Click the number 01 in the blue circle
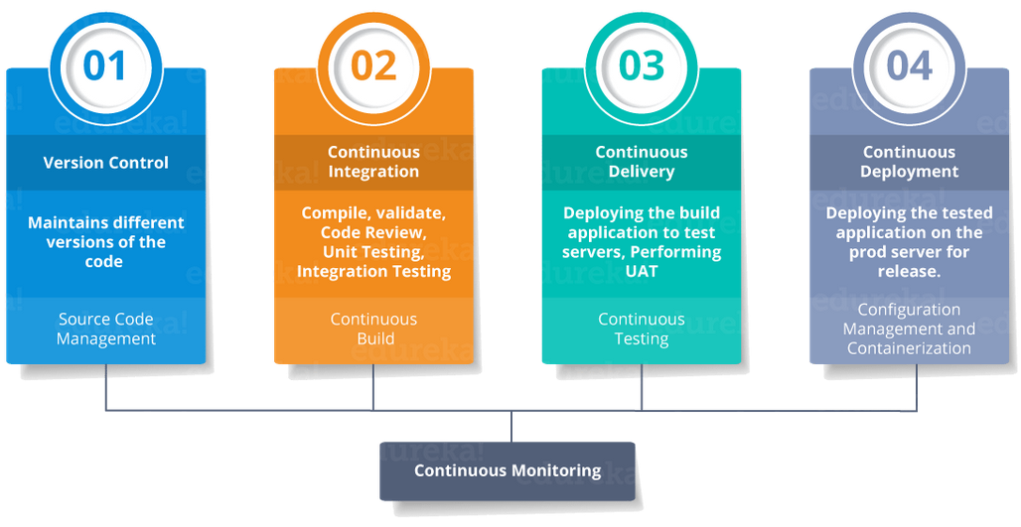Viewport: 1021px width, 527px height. pyautogui.click(x=105, y=66)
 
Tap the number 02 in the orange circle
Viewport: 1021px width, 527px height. pyautogui.click(x=373, y=66)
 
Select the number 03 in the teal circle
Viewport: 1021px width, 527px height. pyautogui.click(x=641, y=66)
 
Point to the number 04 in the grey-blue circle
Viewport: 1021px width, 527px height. pyautogui.click(x=909, y=66)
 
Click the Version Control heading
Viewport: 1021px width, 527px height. pyautogui.click(x=105, y=163)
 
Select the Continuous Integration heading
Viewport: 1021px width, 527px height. pyautogui.click(x=373, y=162)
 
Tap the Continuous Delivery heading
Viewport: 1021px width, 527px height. pyautogui.click(x=641, y=162)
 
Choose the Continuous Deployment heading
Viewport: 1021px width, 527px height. pyautogui.click(x=909, y=162)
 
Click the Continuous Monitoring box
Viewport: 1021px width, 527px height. pyautogui.click(x=508, y=470)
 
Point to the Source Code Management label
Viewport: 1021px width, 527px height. pyautogui.click(x=105, y=329)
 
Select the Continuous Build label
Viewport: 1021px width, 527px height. pyautogui.click(x=373, y=329)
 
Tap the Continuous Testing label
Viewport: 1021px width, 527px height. pyautogui.click(x=641, y=329)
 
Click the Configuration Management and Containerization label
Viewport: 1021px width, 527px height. pyautogui.click(x=909, y=329)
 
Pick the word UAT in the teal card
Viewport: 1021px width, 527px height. pyautogui.click(x=642, y=271)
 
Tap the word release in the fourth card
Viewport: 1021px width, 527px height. pyautogui.click(x=907, y=271)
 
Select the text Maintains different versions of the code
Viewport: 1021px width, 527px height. pyautogui.click(x=105, y=242)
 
